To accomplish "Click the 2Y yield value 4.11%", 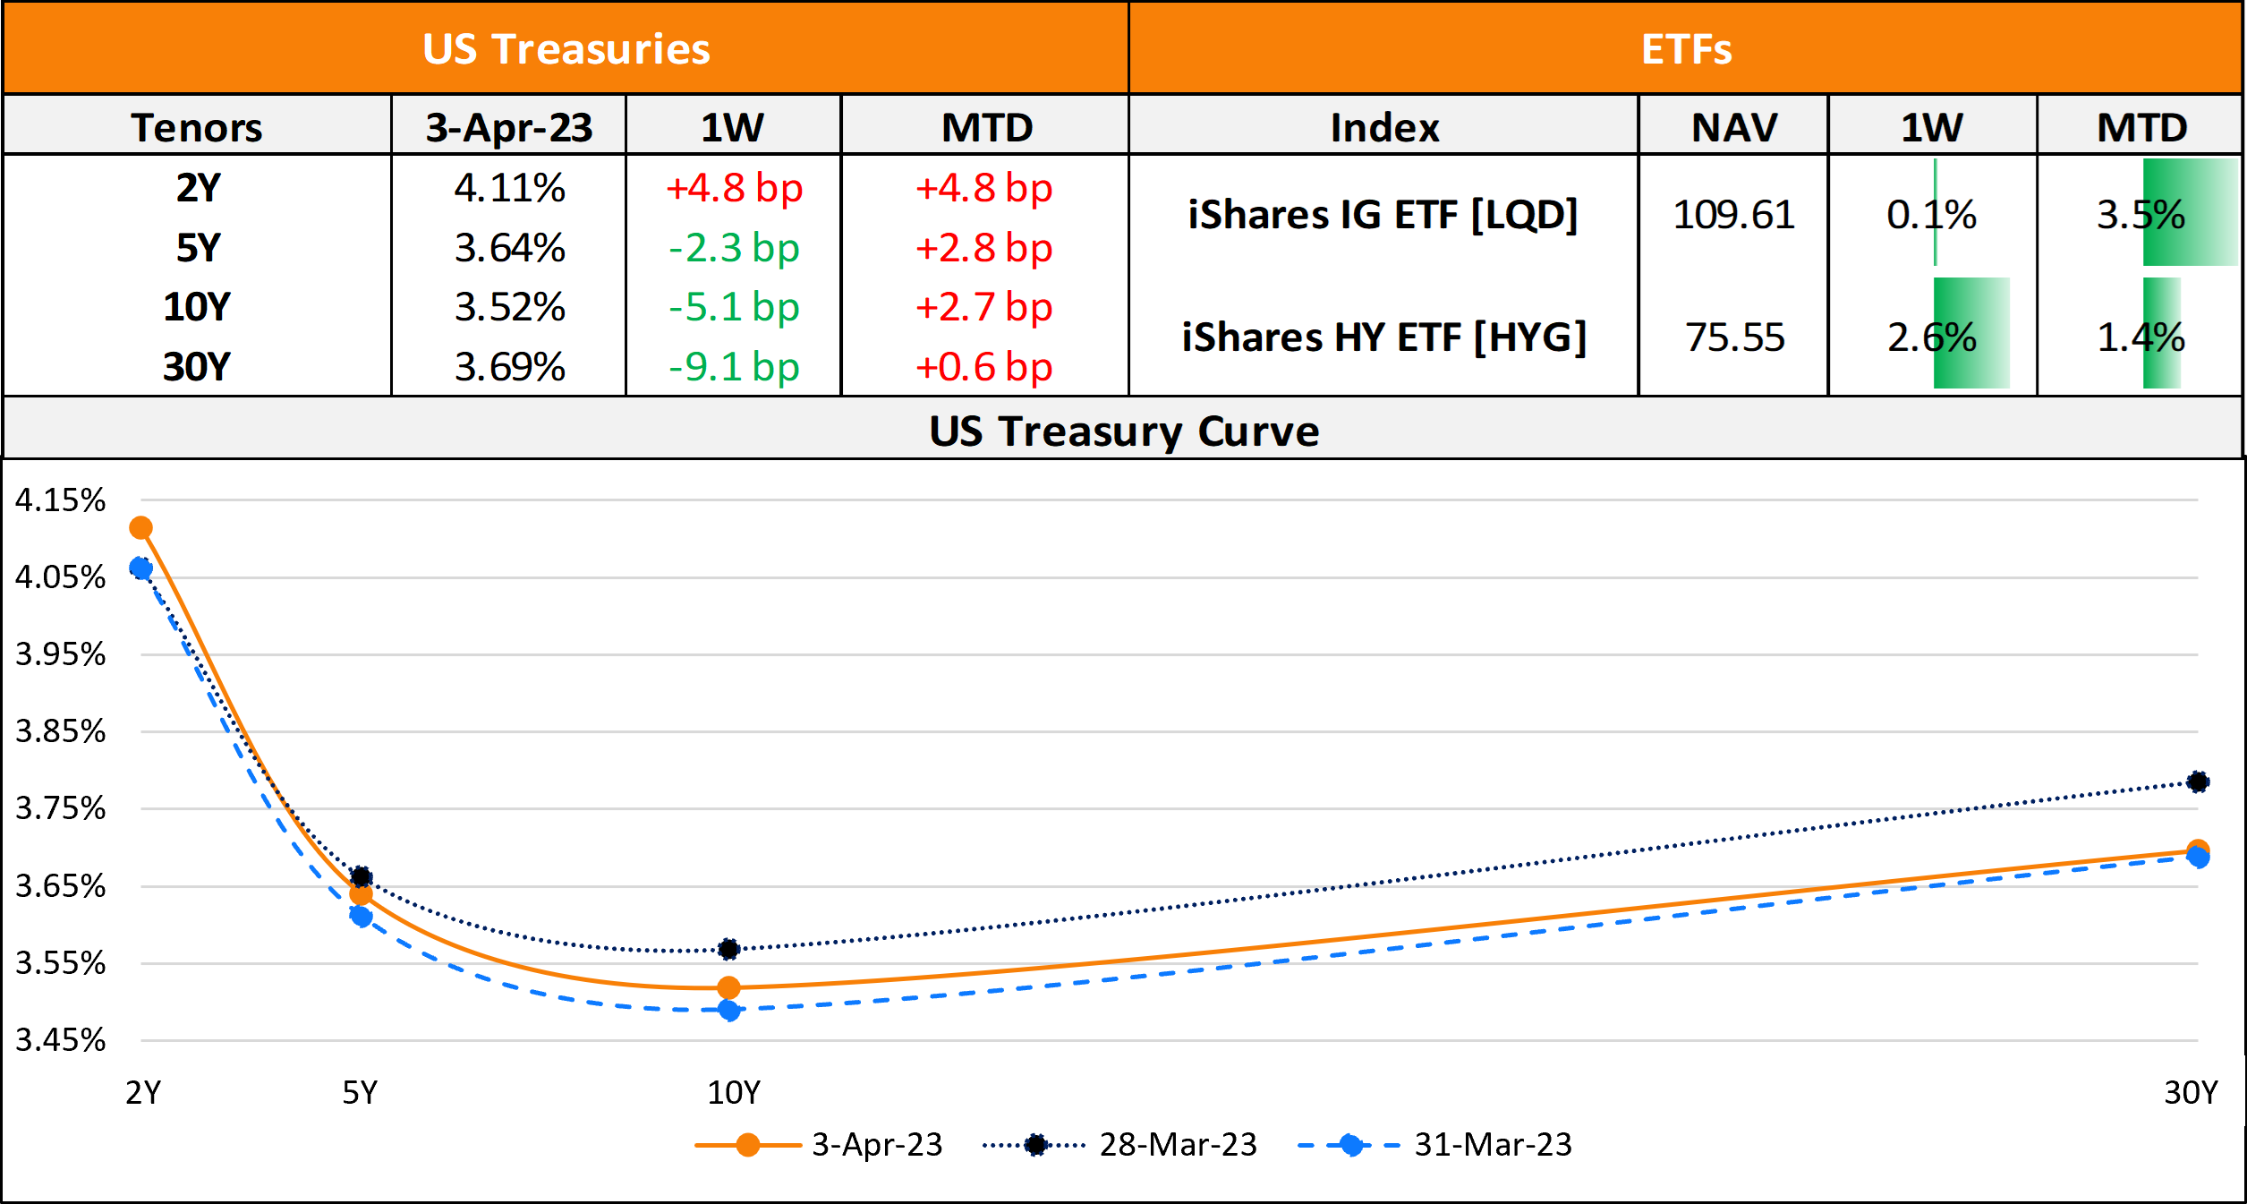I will click(x=509, y=188).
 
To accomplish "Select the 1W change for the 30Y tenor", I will click(x=734, y=367).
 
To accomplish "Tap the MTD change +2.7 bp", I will click(x=983, y=307).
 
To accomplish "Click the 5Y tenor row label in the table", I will click(x=197, y=248).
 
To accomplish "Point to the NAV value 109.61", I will click(x=1733, y=215).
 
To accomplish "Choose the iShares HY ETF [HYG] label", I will click(x=1383, y=337).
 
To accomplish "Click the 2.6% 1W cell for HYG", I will click(x=1932, y=337).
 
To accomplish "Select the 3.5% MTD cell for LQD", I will click(x=2141, y=215).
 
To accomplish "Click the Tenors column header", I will click(x=197, y=127).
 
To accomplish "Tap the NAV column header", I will click(x=1733, y=127).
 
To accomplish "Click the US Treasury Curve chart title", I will click(x=1124, y=431).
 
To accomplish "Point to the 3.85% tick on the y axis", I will click(x=60, y=731).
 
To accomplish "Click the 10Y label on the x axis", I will click(x=734, y=1092).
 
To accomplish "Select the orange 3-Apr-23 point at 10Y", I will click(x=729, y=987).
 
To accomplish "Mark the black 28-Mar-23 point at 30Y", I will click(x=2198, y=781).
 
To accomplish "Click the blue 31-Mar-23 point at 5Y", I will click(x=361, y=916).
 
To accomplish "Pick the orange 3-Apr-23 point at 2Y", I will click(x=140, y=527).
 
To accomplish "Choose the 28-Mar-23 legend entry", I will click(x=1177, y=1144).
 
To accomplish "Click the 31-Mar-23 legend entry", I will click(x=1492, y=1144).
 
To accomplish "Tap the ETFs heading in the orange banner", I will click(x=1686, y=49).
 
